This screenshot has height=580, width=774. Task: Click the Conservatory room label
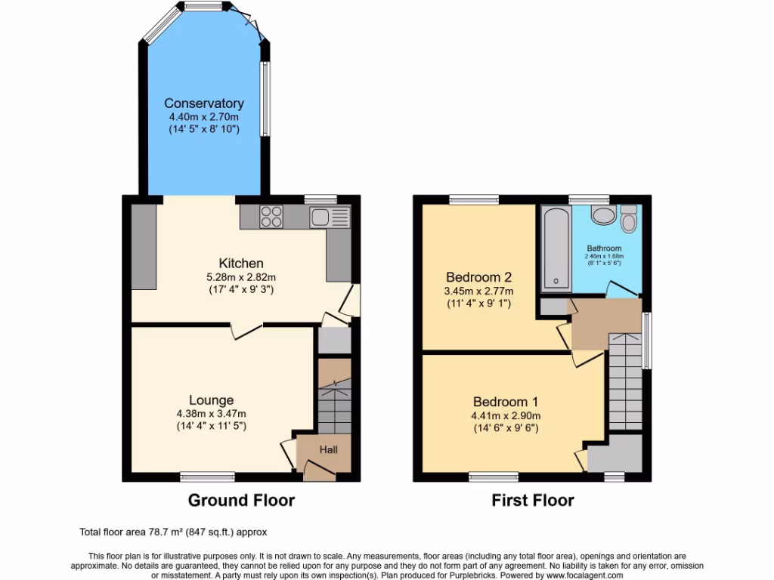pyautogui.click(x=203, y=103)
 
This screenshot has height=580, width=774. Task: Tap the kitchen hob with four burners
pyautogui.click(x=272, y=217)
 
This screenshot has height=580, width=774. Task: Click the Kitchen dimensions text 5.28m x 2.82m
pyautogui.click(x=241, y=276)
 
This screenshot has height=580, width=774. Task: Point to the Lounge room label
pyautogui.click(x=211, y=400)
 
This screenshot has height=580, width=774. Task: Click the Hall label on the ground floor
pyautogui.click(x=328, y=449)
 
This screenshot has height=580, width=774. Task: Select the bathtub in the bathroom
pyautogui.click(x=556, y=247)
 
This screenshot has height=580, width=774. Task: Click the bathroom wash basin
pyautogui.click(x=603, y=217)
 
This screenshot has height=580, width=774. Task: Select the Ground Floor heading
pyautogui.click(x=241, y=500)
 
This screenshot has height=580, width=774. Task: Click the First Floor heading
pyautogui.click(x=532, y=500)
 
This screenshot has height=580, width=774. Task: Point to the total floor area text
pyautogui.click(x=173, y=532)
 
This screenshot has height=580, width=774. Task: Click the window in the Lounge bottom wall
pyautogui.click(x=202, y=477)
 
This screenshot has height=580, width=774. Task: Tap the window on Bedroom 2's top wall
pyautogui.click(x=473, y=199)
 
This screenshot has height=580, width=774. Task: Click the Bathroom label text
pyautogui.click(x=604, y=248)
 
